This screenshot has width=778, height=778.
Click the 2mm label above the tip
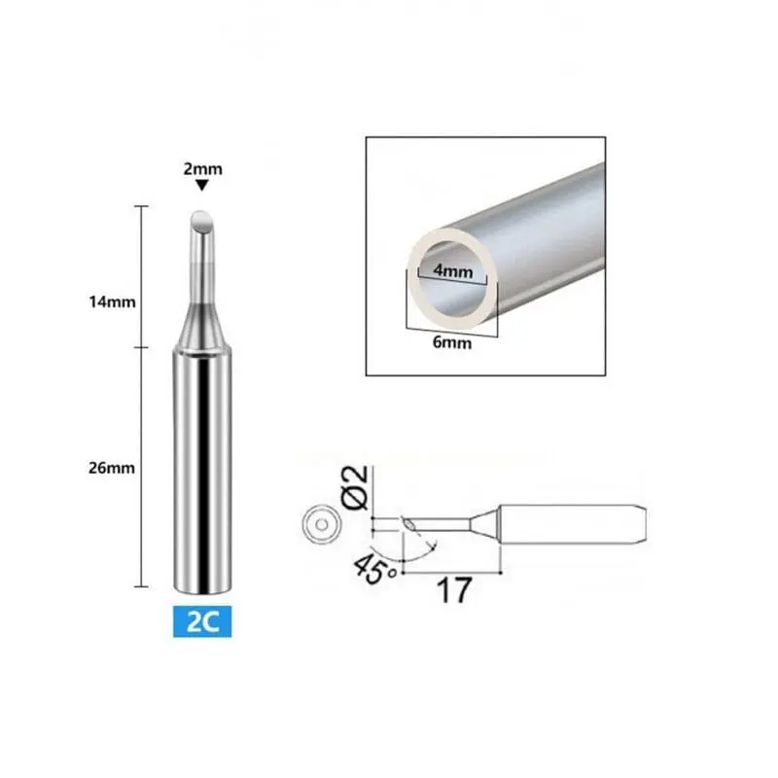tap(202, 169)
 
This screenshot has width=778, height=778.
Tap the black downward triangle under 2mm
tap(201, 185)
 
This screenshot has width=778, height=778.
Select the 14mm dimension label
tap(112, 301)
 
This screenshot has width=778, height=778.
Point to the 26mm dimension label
tap(112, 468)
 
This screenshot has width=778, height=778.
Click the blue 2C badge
tap(202, 621)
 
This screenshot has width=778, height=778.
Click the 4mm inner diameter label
tap(452, 271)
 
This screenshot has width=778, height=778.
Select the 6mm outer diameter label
tap(452, 342)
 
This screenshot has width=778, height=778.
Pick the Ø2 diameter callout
tap(355, 487)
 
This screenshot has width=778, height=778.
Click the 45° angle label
tap(374, 569)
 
